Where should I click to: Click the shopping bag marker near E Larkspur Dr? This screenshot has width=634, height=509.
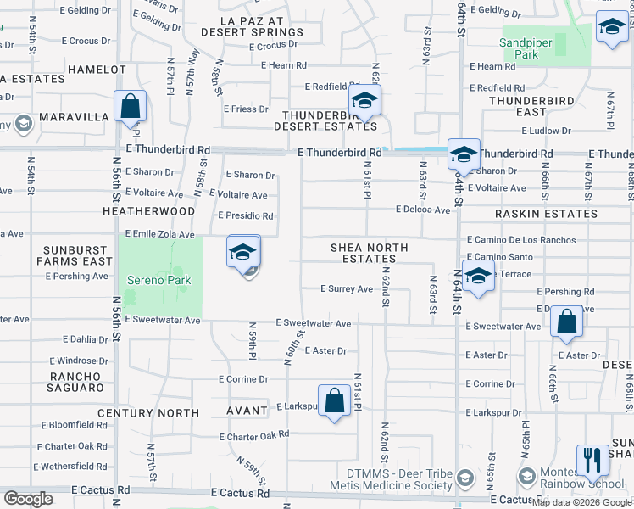point(335,401)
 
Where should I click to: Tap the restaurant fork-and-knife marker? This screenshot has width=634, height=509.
point(592,461)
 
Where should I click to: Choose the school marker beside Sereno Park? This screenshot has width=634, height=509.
point(242,253)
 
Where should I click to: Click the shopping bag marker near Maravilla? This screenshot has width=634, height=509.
point(130,108)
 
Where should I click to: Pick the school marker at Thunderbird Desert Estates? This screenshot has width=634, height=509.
point(365,102)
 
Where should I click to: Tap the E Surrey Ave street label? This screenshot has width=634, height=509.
point(347,288)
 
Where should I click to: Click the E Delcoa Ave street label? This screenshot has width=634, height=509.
point(422,210)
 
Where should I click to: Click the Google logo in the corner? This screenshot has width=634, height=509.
point(28,499)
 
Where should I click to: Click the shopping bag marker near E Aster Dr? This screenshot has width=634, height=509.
point(566,322)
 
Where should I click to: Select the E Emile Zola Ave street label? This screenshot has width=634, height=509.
point(159,234)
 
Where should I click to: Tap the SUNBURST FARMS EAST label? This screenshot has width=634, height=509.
point(80,255)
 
